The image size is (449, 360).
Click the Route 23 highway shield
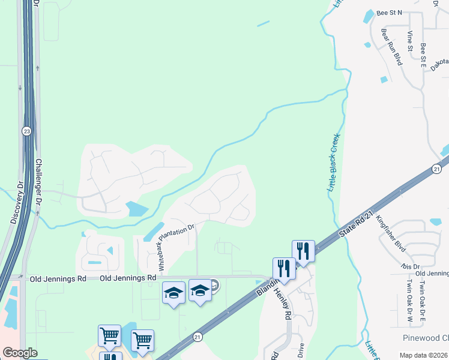point(26,131)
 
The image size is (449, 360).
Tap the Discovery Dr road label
point(16,203)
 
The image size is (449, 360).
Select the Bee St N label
point(390,12)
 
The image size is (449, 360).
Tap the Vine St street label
point(411,41)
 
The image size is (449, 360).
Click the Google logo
point(19,353)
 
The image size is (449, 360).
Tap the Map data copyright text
point(423,355)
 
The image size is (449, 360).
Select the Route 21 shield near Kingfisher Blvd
point(437,169)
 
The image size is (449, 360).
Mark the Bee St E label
point(423,53)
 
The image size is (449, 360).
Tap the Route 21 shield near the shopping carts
point(197,338)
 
